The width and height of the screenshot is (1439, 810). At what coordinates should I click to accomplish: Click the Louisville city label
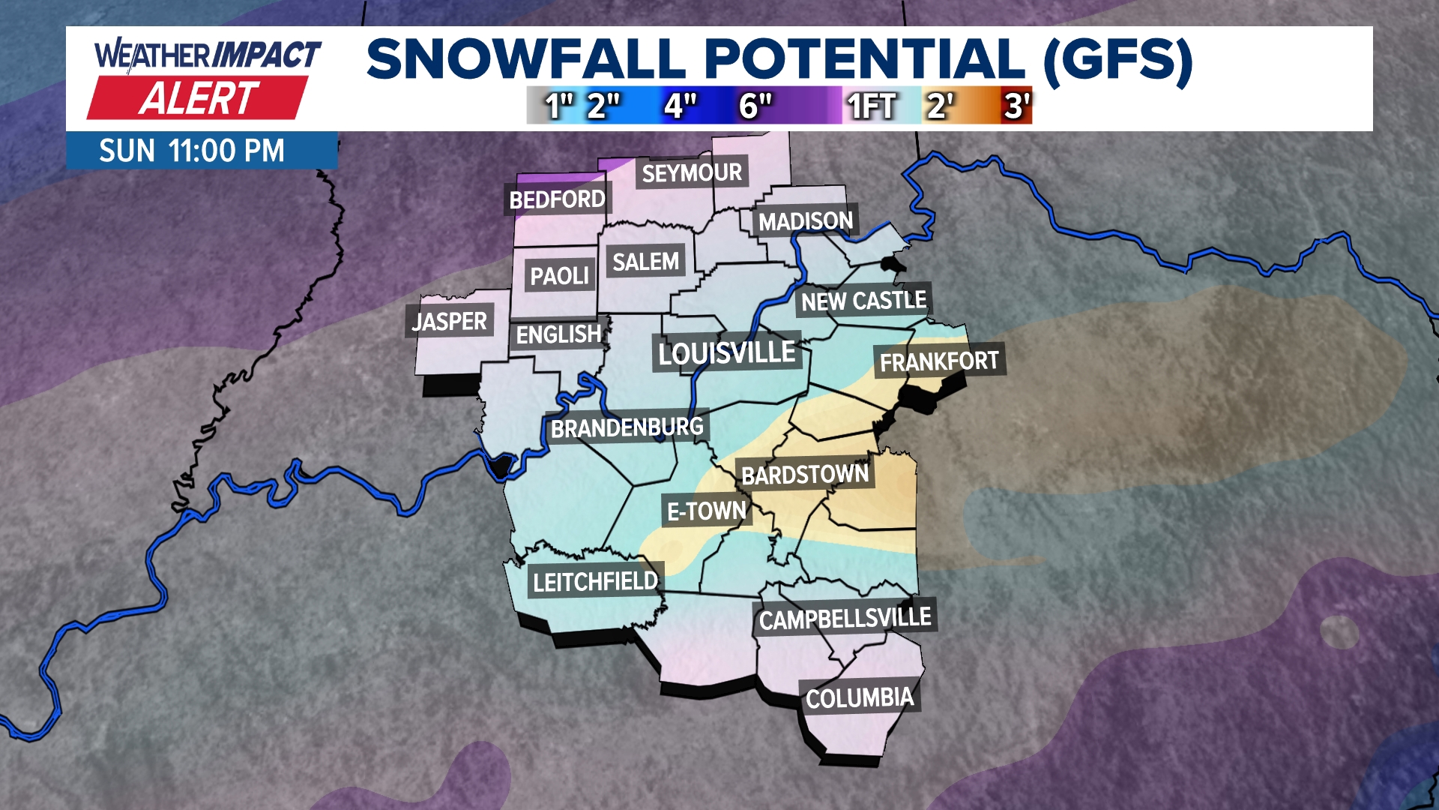[726, 352]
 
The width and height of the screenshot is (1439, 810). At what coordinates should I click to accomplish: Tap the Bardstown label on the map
[804, 475]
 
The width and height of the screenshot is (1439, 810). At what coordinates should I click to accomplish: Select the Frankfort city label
[939, 361]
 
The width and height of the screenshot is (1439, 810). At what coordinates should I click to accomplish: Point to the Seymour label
[691, 173]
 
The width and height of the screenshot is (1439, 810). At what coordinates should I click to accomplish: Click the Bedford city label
[557, 199]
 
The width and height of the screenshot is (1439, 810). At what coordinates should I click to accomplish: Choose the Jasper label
[449, 322]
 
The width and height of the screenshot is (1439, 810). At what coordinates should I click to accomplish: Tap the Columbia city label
[859, 698]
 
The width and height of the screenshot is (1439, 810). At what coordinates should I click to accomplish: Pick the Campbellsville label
[845, 619]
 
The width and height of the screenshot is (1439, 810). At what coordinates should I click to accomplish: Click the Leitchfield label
[595, 582]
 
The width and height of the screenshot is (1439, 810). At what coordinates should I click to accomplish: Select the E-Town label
[706, 511]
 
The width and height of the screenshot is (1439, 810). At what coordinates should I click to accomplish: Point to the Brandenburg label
[627, 428]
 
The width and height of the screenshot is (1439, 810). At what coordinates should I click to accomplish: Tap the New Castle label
[863, 301]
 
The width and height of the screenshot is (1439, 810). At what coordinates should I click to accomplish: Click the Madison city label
[806, 221]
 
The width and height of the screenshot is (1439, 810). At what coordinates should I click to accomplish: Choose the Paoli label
[559, 276]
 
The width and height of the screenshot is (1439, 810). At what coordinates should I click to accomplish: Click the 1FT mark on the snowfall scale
[871, 106]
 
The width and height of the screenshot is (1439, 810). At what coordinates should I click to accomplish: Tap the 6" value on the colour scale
[755, 106]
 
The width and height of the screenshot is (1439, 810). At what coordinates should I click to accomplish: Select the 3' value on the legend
[1017, 106]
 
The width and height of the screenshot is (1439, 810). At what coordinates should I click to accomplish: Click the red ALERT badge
[198, 98]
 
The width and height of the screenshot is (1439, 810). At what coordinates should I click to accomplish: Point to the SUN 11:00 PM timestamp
[192, 151]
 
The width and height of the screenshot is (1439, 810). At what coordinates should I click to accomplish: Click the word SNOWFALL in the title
[526, 59]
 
